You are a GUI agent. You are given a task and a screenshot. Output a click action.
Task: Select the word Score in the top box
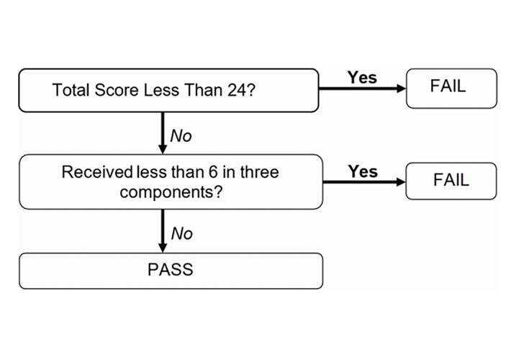click(x=114, y=91)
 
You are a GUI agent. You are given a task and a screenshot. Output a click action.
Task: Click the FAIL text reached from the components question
click(x=451, y=181)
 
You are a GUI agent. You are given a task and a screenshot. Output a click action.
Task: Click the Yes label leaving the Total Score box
click(x=361, y=77)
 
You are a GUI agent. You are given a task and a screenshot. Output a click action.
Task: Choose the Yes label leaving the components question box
click(x=362, y=171)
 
